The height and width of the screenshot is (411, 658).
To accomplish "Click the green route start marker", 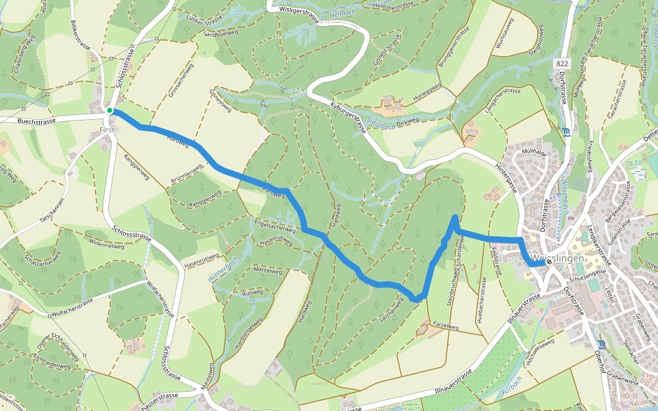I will coord(110,110).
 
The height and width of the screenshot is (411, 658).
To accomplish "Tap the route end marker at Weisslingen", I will coord(549,261).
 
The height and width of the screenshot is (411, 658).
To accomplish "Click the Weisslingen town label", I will coord(558,258).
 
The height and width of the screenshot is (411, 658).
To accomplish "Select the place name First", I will coord(106,129).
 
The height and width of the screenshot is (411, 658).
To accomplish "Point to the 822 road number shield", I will coord(562,64).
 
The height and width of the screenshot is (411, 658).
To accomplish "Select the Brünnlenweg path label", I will coord(186,175).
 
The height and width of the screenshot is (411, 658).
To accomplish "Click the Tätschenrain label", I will coord(52,208).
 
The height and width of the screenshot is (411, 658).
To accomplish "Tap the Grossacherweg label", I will coord(181,80).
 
